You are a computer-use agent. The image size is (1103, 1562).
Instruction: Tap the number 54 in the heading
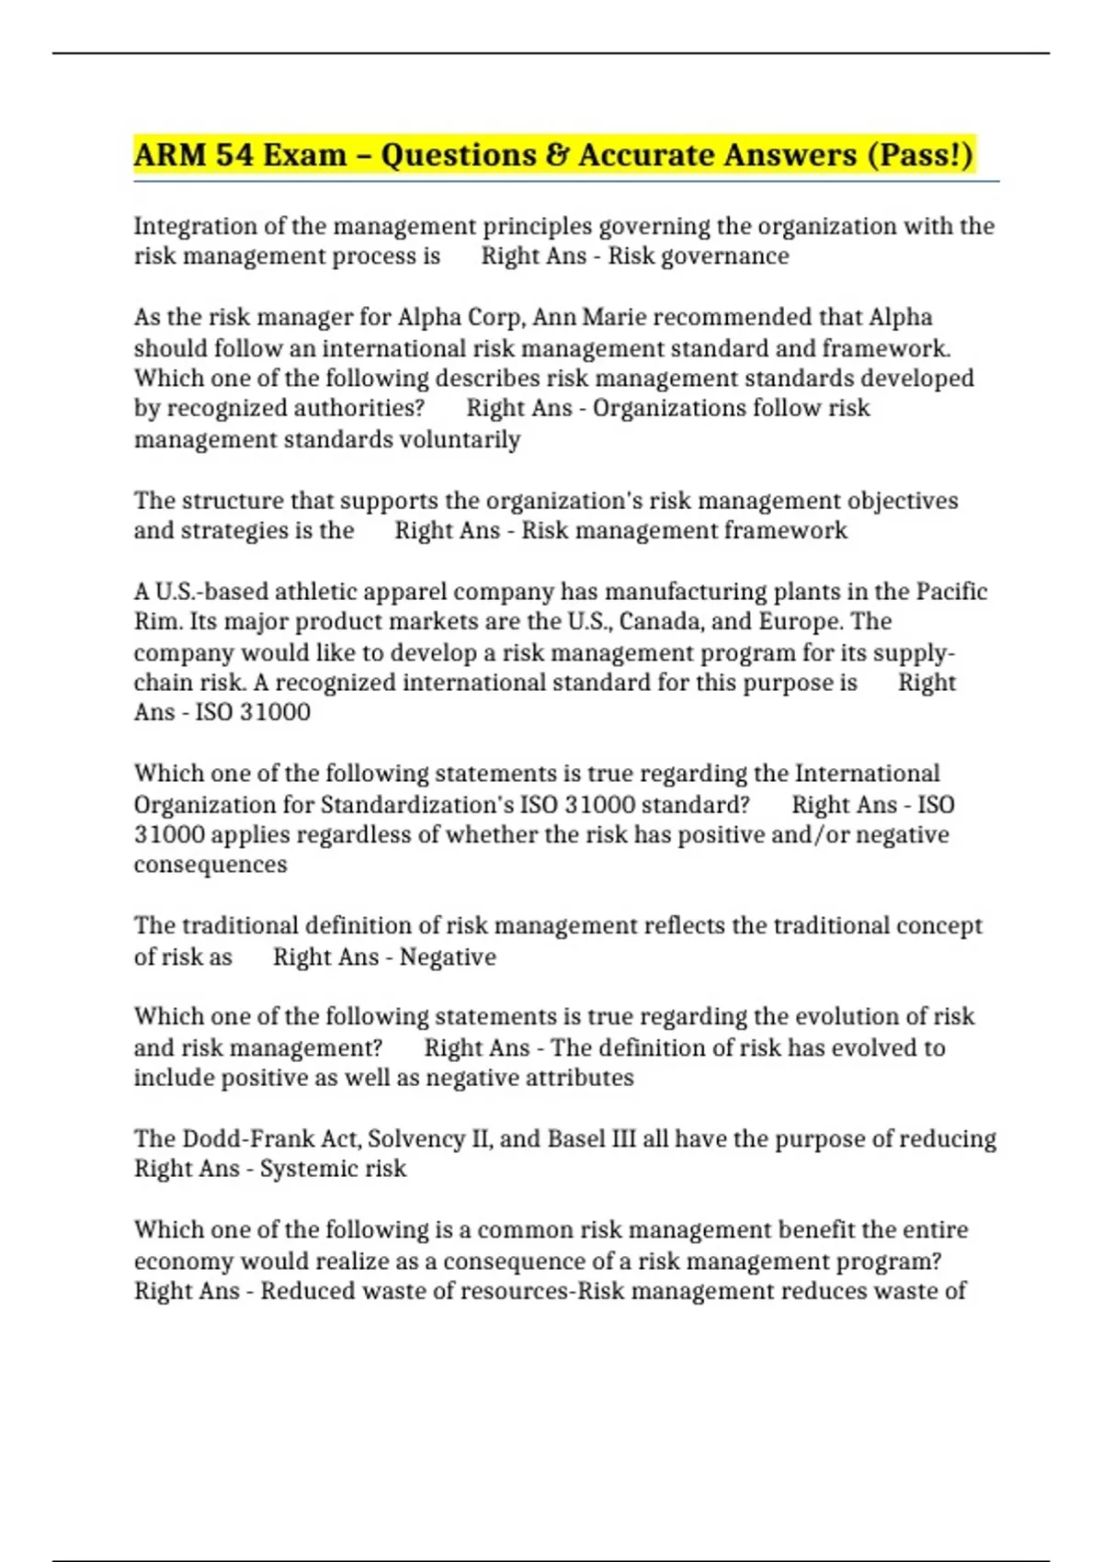pos(234,154)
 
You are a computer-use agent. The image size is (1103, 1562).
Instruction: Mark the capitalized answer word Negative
pos(448,957)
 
